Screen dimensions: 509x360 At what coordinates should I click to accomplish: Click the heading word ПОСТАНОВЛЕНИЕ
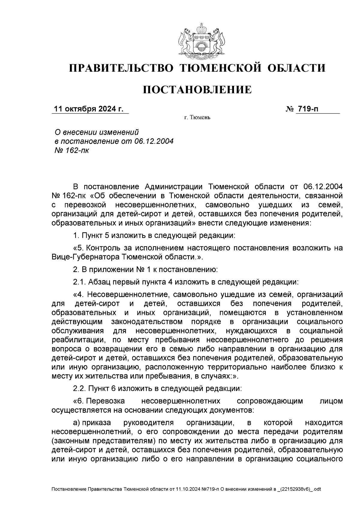pyautogui.click(x=197, y=90)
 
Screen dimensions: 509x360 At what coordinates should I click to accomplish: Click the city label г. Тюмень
pyautogui.click(x=197, y=118)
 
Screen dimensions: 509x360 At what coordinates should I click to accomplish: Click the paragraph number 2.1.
pyautogui.click(x=79, y=282)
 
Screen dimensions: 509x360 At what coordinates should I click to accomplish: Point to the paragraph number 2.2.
pyautogui.click(x=79, y=388)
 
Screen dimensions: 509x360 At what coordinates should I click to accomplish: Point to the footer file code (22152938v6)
pyautogui.click(x=296, y=489)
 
